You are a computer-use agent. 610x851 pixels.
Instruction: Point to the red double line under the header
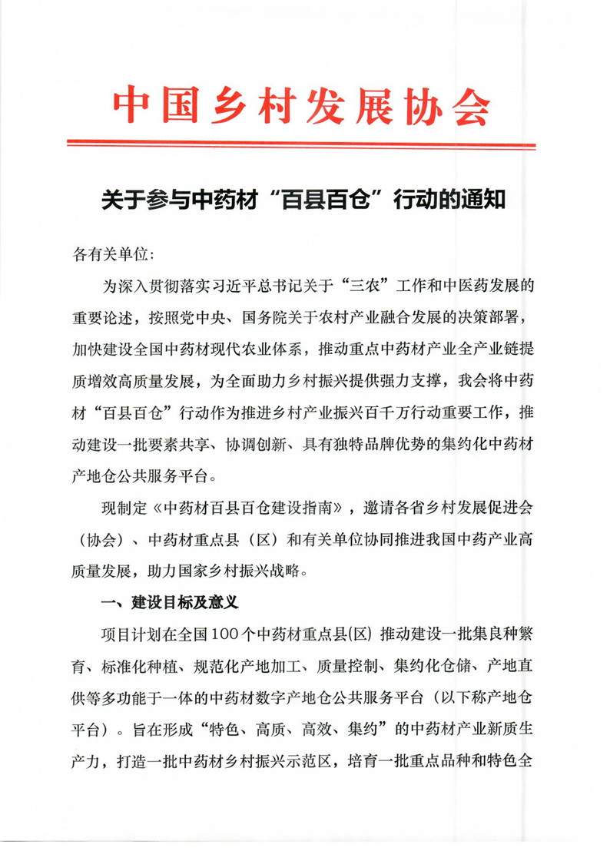(x=302, y=143)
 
